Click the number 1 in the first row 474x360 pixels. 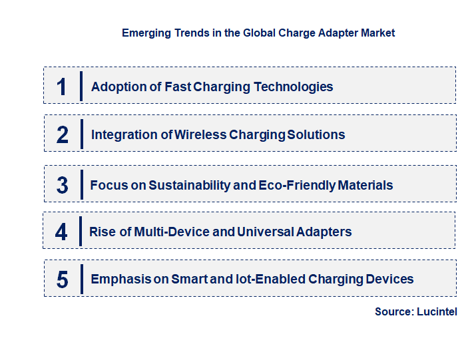62,87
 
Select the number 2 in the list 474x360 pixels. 62,135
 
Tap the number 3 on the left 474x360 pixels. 62,185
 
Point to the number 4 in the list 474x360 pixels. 61,232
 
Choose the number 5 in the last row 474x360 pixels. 62,279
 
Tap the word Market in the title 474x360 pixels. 377,33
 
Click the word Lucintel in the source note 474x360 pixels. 437,311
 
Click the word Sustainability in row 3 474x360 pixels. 190,185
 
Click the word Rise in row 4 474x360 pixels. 103,232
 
